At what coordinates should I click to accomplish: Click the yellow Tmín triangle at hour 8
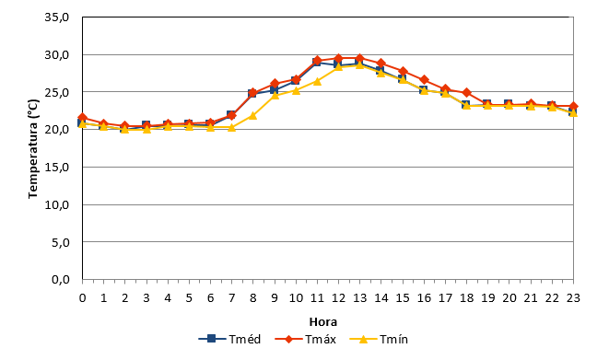click(252, 116)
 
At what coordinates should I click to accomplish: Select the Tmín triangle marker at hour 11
click(317, 81)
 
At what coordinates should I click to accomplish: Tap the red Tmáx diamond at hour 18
click(466, 93)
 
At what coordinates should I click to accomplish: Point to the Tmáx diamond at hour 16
click(424, 80)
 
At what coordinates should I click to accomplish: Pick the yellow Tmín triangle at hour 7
click(231, 127)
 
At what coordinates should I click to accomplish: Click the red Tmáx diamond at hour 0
click(82, 117)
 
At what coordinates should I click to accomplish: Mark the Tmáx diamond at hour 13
click(359, 59)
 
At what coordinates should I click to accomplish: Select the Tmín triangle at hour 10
click(296, 90)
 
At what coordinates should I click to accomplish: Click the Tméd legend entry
click(229, 339)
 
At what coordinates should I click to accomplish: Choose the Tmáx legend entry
click(305, 339)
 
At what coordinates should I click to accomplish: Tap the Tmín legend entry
click(379, 339)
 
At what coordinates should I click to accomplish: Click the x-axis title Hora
click(323, 322)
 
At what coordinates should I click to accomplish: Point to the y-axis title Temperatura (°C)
click(33, 149)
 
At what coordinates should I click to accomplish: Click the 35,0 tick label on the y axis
click(57, 17)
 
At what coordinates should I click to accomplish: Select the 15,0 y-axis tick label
click(57, 168)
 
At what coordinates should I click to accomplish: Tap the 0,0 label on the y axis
click(61, 280)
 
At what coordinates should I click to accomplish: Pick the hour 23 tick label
click(573, 298)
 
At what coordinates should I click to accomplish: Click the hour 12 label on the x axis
click(338, 298)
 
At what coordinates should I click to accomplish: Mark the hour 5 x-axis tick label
click(189, 298)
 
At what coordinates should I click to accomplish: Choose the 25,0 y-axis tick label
click(57, 92)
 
